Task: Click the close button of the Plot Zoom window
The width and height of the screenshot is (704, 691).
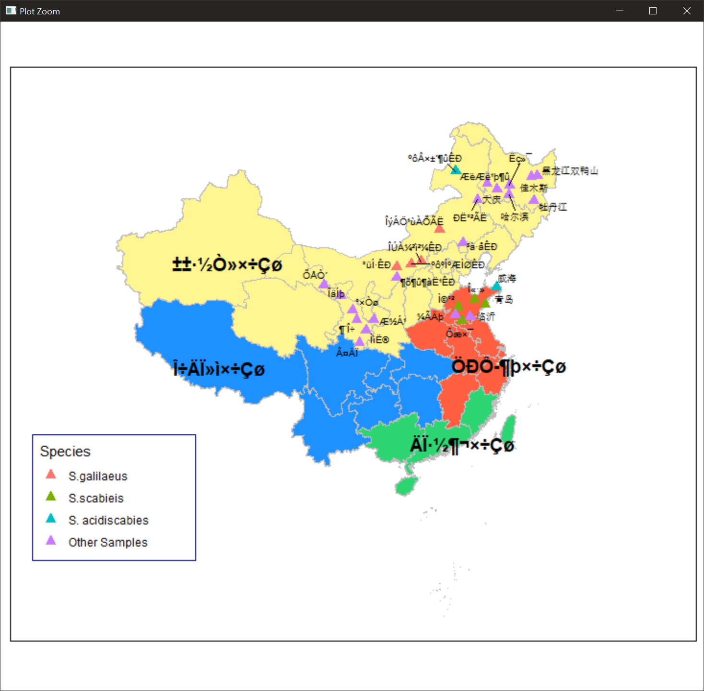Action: coord(687,11)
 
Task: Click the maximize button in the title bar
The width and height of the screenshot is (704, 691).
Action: coord(653,11)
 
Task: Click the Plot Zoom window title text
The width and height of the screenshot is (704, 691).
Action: coord(40,12)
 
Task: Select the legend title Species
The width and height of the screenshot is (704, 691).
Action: coord(65,452)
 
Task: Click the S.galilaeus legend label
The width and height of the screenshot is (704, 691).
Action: coord(98,476)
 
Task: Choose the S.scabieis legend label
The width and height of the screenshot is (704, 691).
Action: coord(96,498)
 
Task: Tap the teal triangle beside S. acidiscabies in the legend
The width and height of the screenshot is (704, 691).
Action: coord(51,519)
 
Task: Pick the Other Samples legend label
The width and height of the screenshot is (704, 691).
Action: coord(108,542)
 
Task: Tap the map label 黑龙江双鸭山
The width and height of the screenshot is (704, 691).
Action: coord(570,171)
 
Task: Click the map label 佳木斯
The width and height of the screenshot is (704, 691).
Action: coord(534,188)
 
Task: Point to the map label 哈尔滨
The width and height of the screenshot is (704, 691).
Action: coord(515,217)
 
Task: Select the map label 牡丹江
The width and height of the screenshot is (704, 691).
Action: coord(553,207)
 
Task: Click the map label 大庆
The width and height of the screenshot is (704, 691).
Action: coord(492,199)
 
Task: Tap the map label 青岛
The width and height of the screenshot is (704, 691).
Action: coord(504,299)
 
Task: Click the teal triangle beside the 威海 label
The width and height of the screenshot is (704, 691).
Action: coord(496,286)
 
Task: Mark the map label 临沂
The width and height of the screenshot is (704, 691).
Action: coord(486,317)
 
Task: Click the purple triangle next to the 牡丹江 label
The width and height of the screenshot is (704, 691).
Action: coord(534,200)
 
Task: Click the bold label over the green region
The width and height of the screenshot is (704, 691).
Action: coord(462,445)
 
